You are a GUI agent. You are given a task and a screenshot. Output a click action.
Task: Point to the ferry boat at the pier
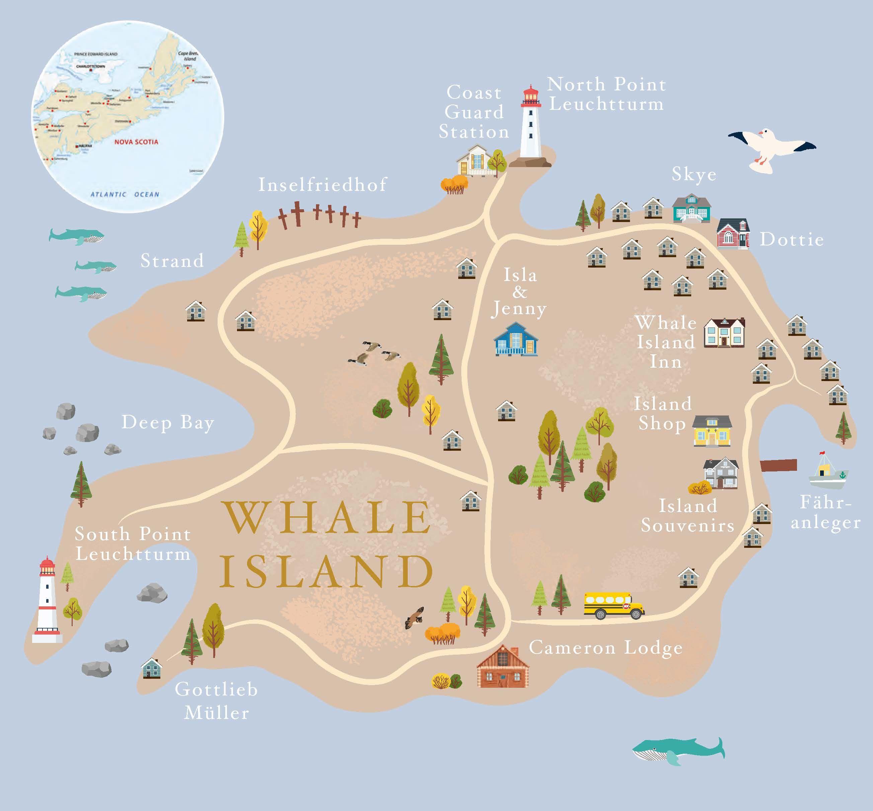[x=828, y=473]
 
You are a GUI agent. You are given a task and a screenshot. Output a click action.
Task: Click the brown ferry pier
[x=778, y=465]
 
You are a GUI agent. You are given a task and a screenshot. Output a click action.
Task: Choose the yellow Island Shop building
[x=712, y=431]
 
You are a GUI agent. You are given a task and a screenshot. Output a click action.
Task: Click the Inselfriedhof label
[x=322, y=185]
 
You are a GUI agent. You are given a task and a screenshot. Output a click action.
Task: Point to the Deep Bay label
[x=168, y=423]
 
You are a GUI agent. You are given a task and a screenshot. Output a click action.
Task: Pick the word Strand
[x=172, y=261]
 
